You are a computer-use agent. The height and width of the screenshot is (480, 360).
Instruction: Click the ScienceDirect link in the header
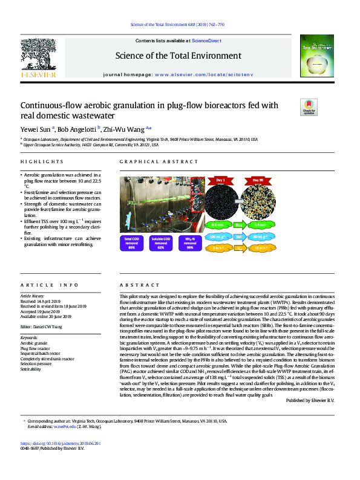pyautogui.click(x=206, y=41)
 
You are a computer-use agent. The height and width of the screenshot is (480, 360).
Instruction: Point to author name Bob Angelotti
pyautogui.click(x=77, y=129)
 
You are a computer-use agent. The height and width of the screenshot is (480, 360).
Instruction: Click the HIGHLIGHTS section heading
pyautogui.click(x=42, y=162)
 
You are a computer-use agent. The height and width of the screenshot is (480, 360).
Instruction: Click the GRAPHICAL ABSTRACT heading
pyautogui.click(x=151, y=162)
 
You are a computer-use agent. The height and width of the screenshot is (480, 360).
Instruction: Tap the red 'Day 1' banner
pyautogui.click(x=220, y=180)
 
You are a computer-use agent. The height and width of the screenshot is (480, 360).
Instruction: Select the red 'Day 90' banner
pyautogui.click(x=258, y=180)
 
